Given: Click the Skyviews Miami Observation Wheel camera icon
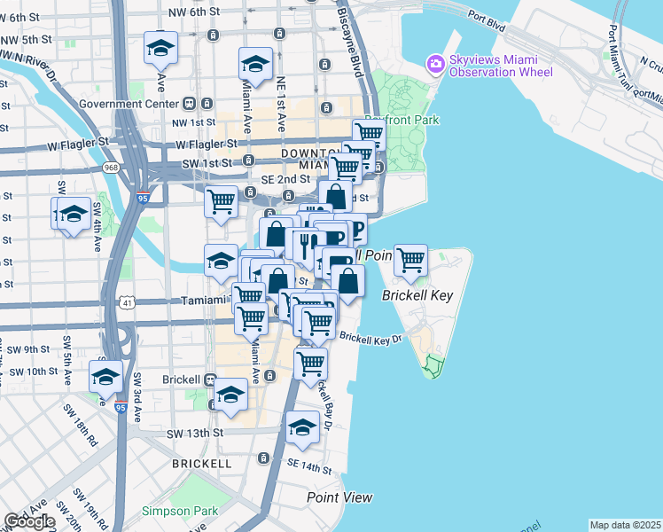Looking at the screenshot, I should [x=435, y=63].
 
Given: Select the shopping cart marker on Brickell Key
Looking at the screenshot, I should [x=410, y=260].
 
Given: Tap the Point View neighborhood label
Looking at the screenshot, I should [x=339, y=497].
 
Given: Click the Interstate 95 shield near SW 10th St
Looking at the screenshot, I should [x=121, y=406].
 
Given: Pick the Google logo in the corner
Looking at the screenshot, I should [x=28, y=521].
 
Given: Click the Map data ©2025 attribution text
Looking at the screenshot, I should [x=625, y=525].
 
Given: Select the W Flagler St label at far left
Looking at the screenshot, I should [x=80, y=141].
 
